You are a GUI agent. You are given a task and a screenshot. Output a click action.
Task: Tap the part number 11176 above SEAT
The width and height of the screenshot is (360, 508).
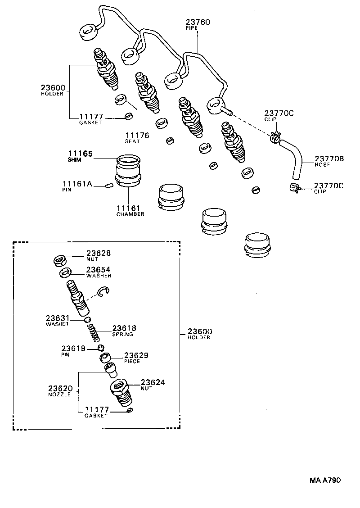137,135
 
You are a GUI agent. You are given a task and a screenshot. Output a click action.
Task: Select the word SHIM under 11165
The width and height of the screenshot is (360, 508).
75,160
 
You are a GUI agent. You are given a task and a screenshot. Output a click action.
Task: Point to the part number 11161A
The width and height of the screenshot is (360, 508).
77,184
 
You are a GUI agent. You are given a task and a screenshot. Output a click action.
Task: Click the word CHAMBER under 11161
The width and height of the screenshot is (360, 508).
130,214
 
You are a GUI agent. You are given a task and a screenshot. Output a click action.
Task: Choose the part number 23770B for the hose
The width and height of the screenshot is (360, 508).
329,159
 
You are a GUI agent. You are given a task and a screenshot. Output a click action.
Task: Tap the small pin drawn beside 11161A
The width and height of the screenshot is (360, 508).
108,185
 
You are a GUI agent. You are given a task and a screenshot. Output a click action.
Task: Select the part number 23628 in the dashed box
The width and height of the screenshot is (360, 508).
99,254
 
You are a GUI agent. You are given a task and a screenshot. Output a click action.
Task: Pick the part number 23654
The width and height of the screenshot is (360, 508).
99,269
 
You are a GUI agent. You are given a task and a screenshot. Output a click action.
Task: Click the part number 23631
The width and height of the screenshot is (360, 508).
57,317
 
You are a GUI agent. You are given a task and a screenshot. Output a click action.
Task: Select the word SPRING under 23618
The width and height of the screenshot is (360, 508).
122,335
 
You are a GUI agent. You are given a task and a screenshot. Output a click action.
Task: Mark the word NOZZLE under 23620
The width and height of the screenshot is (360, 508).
59,394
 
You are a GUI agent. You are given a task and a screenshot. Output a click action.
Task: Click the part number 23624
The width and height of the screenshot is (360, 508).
153,382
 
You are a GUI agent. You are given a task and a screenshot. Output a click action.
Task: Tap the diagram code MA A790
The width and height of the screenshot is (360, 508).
325,480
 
